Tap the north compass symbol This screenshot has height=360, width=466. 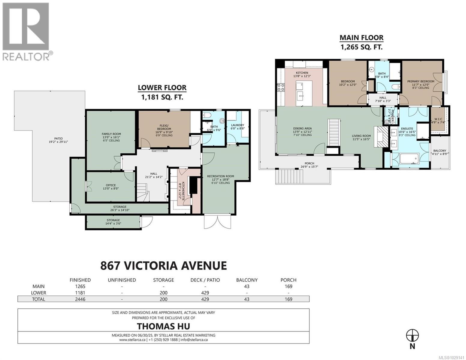[x=412, y=335]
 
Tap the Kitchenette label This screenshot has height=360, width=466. [x=180, y=188]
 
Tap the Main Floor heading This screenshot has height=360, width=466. [x=361, y=38]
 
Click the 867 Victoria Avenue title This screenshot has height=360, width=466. [x=163, y=265]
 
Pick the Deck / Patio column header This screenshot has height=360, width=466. [x=205, y=280]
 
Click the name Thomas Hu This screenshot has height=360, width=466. [x=163, y=326]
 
